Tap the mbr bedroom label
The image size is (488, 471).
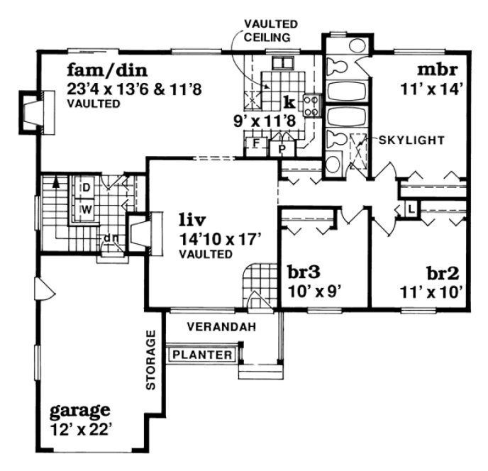(437, 70)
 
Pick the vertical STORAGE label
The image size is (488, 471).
(150, 360)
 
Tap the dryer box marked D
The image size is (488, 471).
(85, 188)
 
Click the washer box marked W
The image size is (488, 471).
(85, 209)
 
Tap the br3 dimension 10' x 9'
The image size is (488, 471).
(314, 290)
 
